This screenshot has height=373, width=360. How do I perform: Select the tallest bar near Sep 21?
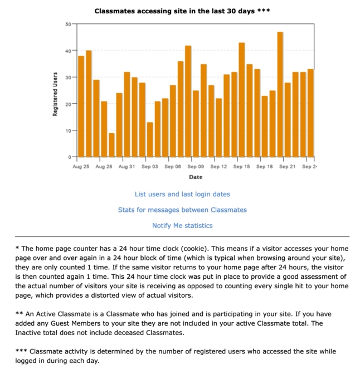(x=280, y=95)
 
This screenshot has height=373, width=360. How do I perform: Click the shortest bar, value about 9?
(x=111, y=145)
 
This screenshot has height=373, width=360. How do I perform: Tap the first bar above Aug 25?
(x=81, y=106)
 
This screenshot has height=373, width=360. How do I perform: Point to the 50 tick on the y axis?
(x=67, y=24)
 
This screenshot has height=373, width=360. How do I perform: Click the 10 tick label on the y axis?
(x=67, y=130)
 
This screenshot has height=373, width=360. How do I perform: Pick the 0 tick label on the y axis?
(x=69, y=157)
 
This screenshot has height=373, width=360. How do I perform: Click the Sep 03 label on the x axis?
(x=150, y=167)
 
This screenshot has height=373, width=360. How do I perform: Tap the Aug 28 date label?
(x=104, y=167)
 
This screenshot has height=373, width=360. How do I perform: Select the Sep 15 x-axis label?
(x=242, y=167)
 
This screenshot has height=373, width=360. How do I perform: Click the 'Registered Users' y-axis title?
(x=55, y=94)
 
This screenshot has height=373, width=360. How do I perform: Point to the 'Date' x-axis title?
(x=196, y=177)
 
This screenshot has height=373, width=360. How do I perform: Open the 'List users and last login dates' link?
(x=182, y=194)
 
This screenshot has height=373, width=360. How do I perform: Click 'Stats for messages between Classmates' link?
(x=182, y=210)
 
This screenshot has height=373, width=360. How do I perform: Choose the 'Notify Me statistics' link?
(x=182, y=225)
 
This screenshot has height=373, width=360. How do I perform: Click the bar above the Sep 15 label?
(x=242, y=100)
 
